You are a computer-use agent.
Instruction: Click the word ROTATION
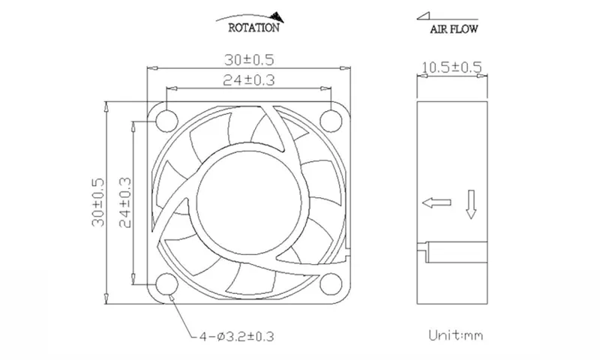(x=253, y=28)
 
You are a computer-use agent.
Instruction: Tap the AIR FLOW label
(x=454, y=29)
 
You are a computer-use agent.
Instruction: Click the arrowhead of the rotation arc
(x=277, y=16)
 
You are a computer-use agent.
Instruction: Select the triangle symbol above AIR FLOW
(x=424, y=16)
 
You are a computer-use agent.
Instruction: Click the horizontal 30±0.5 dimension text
(x=249, y=60)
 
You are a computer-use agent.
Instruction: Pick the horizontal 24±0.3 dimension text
(x=249, y=80)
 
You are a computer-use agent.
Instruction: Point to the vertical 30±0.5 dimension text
(x=98, y=202)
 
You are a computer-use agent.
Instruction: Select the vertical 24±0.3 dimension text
(x=125, y=202)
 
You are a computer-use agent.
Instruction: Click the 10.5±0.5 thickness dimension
(x=451, y=67)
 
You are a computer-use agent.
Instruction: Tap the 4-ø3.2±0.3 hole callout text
(x=237, y=337)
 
